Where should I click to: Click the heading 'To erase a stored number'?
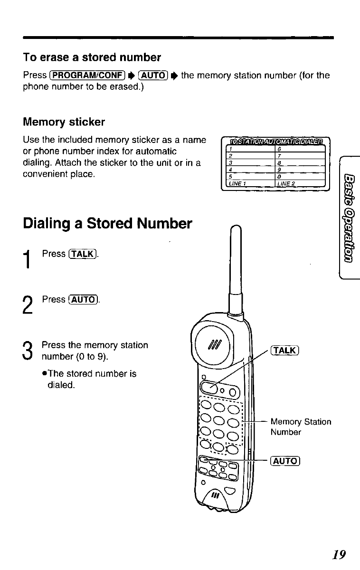coord(92,58)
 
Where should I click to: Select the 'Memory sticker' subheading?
coord(64,122)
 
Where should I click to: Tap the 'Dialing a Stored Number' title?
coord(107,223)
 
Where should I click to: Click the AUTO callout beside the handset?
coord(283,461)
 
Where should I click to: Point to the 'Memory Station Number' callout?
coord(301,427)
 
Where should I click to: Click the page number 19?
coord(339,554)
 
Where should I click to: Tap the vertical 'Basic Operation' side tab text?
coord(350,218)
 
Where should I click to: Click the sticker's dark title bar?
coord(275,142)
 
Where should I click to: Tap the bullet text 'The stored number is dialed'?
coord(89,379)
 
